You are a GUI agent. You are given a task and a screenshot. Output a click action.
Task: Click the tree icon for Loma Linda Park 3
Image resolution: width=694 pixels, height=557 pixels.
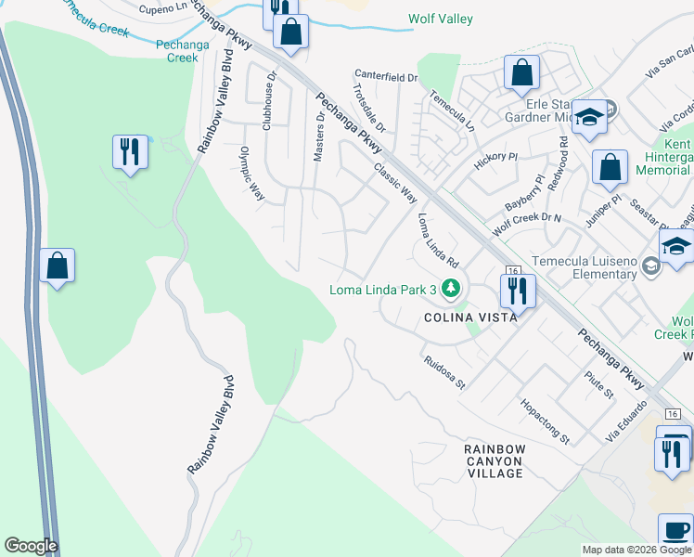coord(451,290)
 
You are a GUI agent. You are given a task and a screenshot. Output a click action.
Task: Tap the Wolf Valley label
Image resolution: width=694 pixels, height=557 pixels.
coord(441,19)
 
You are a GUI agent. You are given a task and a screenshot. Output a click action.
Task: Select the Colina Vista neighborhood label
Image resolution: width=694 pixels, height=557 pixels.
coord(470,317)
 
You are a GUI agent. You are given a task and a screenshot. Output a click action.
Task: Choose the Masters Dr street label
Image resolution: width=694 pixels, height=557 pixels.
coord(320,137)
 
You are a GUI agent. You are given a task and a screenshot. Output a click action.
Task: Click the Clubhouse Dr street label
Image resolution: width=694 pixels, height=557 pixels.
coord(269,102)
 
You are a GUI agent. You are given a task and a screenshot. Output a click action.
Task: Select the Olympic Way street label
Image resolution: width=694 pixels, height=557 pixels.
coord(252,174)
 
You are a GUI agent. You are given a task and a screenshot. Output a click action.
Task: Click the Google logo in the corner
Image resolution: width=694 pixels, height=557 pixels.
coord(31,546)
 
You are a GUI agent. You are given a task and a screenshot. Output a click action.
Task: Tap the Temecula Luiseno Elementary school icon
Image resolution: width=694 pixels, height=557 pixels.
coord(651,267)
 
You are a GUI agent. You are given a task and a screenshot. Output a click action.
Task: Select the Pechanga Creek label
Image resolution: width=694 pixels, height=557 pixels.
coord(176,50)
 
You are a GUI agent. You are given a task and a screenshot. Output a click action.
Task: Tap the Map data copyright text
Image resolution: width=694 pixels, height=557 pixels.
coord(636,550)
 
